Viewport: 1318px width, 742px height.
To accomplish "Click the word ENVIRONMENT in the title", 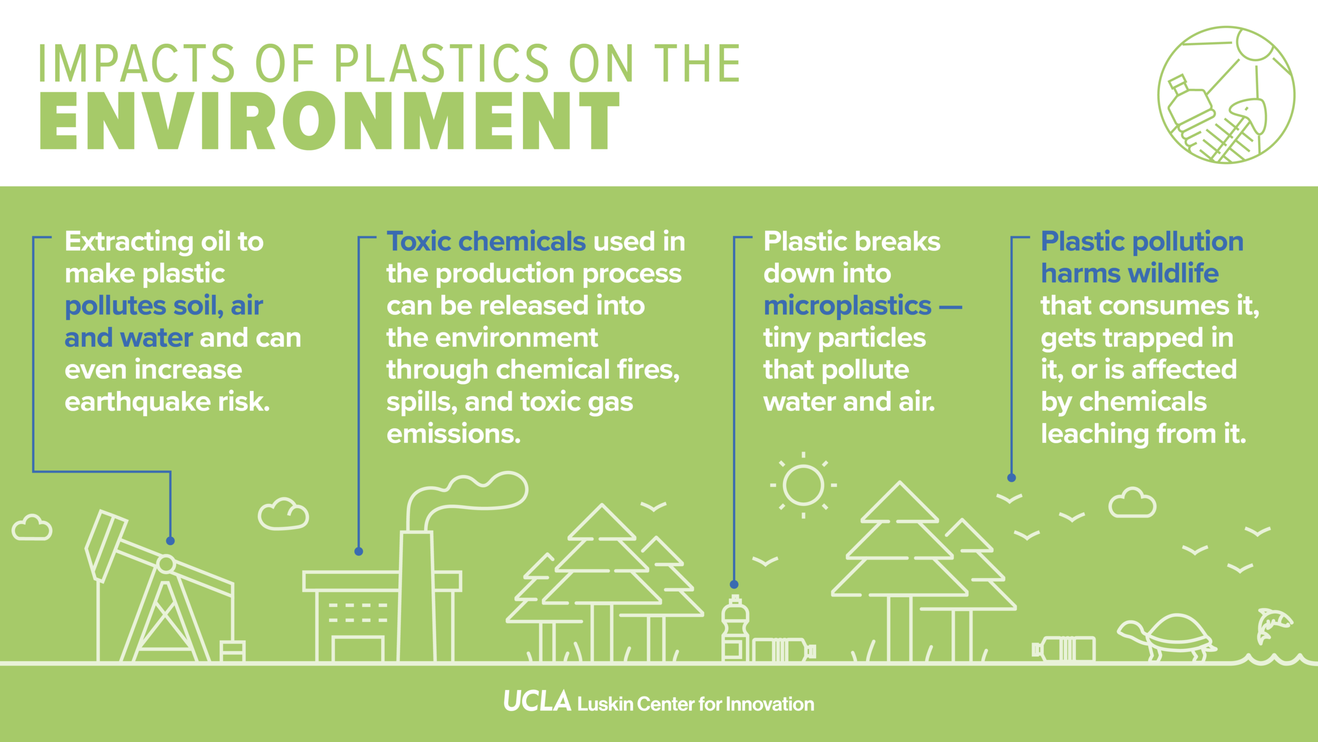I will click(329, 121).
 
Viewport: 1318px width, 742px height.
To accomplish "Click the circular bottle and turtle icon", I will click(1226, 95).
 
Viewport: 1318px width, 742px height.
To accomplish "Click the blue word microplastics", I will click(847, 306).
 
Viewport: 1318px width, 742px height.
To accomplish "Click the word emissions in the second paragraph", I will click(453, 434).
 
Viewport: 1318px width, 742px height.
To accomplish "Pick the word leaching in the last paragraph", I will click(1095, 434).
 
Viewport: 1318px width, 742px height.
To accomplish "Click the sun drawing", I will click(803, 485).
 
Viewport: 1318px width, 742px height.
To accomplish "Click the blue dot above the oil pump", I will click(170, 541).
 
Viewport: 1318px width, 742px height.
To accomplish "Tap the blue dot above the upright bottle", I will click(734, 584).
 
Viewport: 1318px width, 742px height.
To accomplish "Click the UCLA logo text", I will click(537, 702).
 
